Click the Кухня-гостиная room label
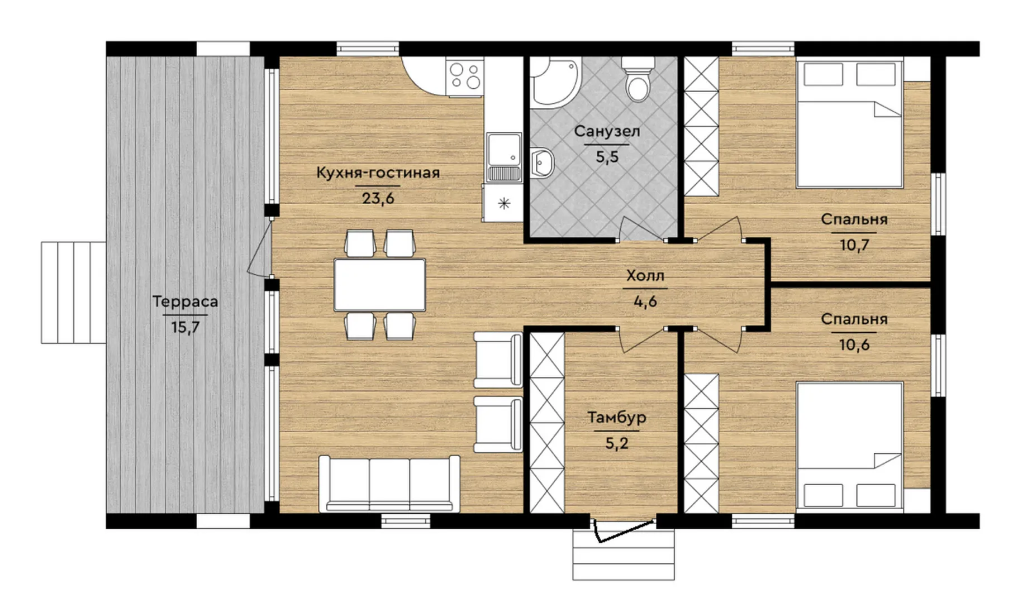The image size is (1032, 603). point(378,173)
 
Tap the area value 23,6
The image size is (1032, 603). point(378,198)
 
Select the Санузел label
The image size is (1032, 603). point(607,132)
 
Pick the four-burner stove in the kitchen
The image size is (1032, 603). point(465,76)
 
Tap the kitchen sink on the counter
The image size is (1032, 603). point(504,157)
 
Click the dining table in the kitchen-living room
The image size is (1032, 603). point(379,285)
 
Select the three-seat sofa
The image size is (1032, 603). point(389,484)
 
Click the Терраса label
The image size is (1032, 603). point(186,302)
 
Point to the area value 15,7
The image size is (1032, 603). point(186,327)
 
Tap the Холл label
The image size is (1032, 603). point(645,276)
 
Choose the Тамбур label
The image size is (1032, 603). point(617,418)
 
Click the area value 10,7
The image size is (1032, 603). point(854,245)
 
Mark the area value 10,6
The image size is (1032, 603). point(854,345)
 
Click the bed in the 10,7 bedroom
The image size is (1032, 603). point(849,124)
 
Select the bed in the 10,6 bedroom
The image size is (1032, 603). point(849,446)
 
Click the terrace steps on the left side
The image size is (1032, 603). point(73,293)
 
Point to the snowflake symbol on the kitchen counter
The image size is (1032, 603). point(504,203)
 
